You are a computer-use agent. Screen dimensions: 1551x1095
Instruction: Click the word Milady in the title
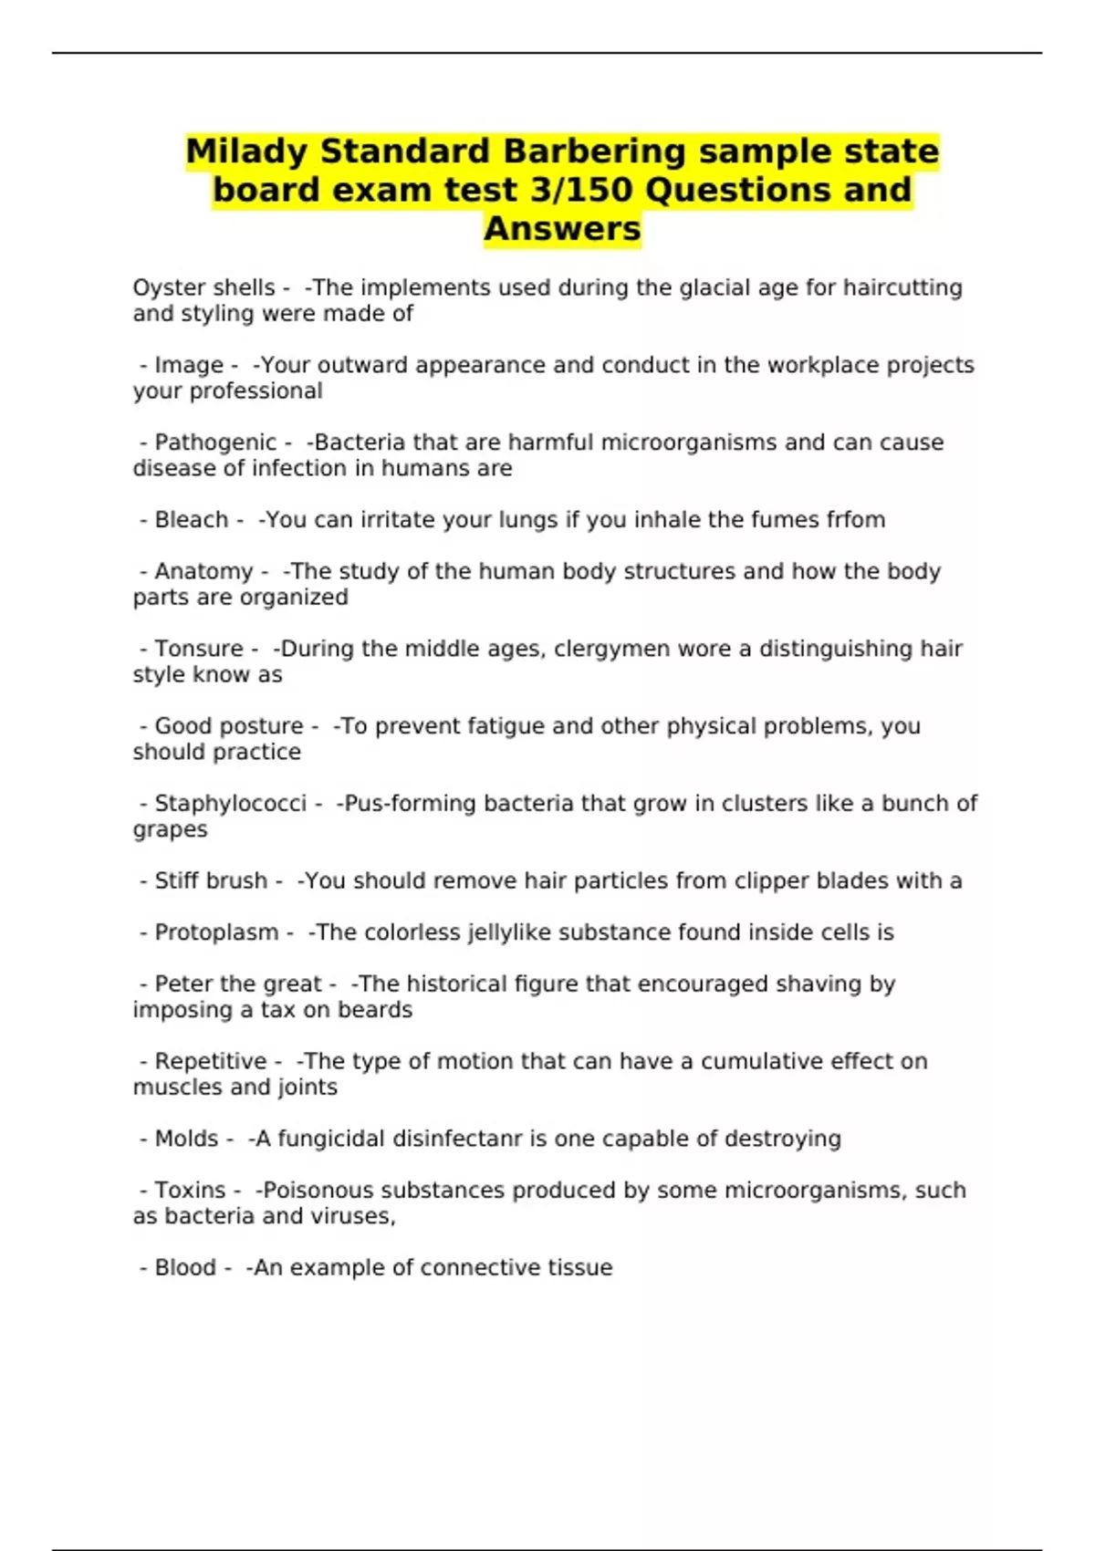click(248, 151)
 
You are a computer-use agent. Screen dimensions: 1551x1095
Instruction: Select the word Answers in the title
click(562, 229)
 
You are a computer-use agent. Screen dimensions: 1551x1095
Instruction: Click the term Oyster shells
click(203, 288)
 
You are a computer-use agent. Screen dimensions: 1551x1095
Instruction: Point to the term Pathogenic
click(215, 442)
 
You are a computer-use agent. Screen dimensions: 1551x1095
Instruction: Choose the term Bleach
click(192, 520)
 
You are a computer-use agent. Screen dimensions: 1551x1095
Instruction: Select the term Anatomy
click(203, 572)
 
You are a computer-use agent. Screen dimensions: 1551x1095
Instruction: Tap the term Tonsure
click(199, 649)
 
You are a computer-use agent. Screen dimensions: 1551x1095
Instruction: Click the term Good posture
click(229, 726)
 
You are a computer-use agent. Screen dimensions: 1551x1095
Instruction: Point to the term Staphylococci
click(231, 804)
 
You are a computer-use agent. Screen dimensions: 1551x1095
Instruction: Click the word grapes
click(170, 830)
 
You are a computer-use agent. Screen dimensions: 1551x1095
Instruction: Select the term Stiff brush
click(211, 881)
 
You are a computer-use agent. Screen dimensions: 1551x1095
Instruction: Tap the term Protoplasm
click(216, 932)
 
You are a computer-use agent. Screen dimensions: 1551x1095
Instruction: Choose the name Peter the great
click(238, 984)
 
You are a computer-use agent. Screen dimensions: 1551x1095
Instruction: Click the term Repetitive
click(211, 1062)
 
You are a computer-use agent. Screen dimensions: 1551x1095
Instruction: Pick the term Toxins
click(190, 1191)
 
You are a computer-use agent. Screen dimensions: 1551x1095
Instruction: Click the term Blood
click(185, 1268)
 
